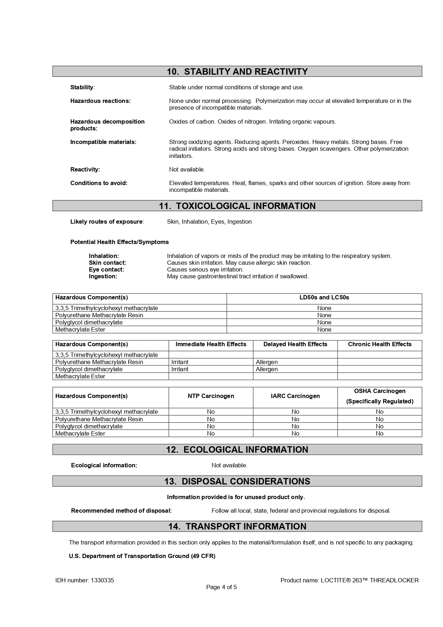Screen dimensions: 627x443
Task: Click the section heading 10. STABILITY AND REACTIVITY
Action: (237, 71)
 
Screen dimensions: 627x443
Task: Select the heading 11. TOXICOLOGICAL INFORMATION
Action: (237, 206)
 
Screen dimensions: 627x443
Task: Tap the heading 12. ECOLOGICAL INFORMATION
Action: (237, 449)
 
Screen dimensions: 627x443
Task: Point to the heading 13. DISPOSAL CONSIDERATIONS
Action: (237, 481)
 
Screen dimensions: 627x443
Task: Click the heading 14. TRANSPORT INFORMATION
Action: (237, 526)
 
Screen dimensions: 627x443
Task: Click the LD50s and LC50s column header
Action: (324, 298)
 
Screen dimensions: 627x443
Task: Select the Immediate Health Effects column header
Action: (211, 344)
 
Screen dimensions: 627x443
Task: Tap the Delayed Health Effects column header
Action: (295, 344)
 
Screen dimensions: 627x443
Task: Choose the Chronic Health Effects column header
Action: (379, 344)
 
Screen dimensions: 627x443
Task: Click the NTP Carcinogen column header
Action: (211, 396)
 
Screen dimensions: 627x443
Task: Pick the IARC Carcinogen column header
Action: (295, 396)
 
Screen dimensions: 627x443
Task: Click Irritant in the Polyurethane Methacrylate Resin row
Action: (180, 362)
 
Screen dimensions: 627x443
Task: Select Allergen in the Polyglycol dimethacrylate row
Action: (267, 369)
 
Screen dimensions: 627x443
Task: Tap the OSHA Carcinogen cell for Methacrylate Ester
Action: (379, 434)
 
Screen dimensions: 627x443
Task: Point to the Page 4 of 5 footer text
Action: (221, 587)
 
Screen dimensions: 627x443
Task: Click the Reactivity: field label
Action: (85, 170)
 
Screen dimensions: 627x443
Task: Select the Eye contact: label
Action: (106, 270)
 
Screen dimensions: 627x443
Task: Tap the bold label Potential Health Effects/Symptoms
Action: (119, 242)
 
